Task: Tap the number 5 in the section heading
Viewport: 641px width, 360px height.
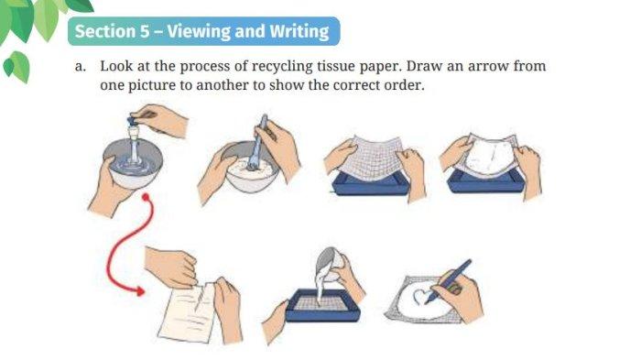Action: [145, 31]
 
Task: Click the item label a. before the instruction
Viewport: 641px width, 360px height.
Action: [81, 66]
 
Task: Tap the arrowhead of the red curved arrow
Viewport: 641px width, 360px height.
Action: [140, 291]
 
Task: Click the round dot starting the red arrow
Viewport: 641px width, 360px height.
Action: [146, 198]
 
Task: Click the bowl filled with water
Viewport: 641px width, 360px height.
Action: [133, 164]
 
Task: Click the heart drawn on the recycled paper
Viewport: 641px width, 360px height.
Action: [421, 296]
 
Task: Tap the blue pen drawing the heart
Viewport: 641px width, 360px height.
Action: [448, 281]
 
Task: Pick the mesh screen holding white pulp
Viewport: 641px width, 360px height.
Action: [491, 156]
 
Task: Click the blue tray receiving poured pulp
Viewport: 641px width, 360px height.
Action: [323, 305]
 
